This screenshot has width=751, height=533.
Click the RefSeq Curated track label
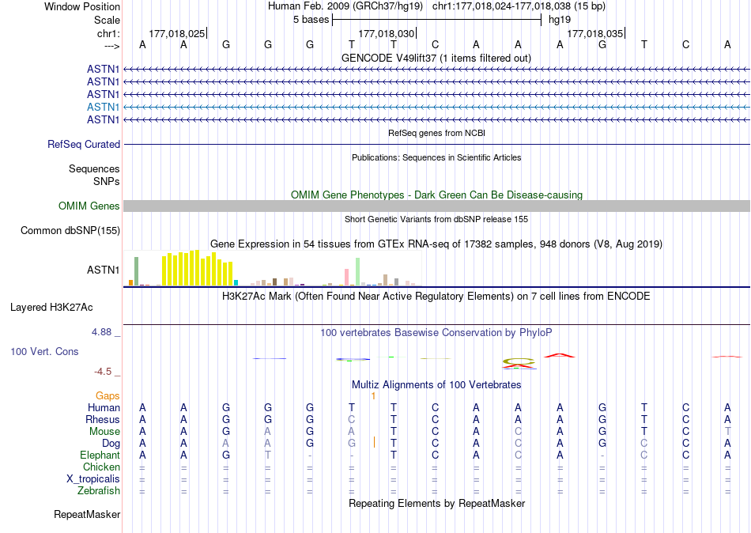click(84, 144)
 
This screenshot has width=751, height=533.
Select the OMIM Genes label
click(89, 206)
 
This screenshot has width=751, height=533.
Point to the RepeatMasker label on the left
click(87, 515)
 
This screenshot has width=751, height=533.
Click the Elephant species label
click(100, 455)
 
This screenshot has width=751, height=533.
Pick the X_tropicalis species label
click(93, 478)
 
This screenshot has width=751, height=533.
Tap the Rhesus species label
click(103, 419)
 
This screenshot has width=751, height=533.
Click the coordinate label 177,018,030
click(386, 34)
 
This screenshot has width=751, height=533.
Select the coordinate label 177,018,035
click(594, 34)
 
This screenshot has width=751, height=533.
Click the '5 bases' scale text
click(308, 20)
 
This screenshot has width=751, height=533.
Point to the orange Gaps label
click(108, 395)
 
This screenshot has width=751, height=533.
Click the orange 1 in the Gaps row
click(373, 395)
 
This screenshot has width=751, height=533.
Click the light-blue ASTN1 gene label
click(103, 107)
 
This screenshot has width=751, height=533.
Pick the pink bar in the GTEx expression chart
click(347, 277)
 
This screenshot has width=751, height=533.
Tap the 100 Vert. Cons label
click(44, 351)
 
